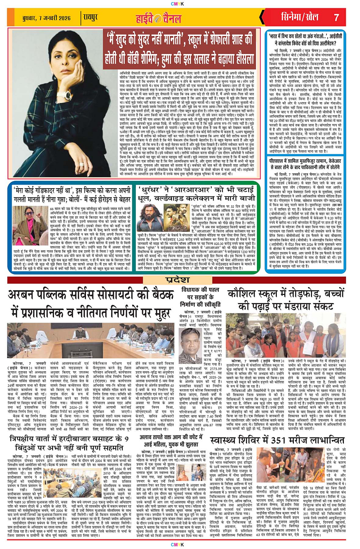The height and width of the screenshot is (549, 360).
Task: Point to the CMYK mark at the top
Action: [x=180, y=3]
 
